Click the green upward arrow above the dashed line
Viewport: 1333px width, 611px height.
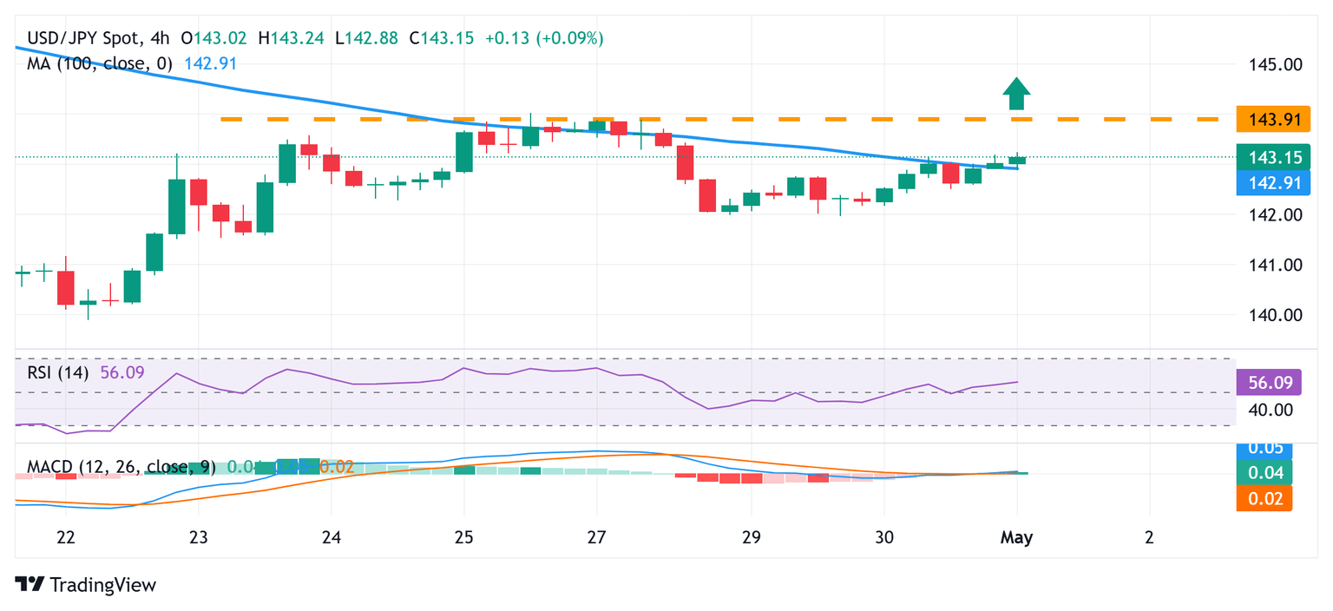[x=1016, y=92]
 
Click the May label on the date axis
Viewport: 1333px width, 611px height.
[x=1016, y=537]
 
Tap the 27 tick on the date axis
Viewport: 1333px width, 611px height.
[x=596, y=537]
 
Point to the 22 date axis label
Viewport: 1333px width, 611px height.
[x=65, y=537]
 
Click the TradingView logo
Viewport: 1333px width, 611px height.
[x=86, y=585]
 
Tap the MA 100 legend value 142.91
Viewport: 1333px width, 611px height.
[x=210, y=63]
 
